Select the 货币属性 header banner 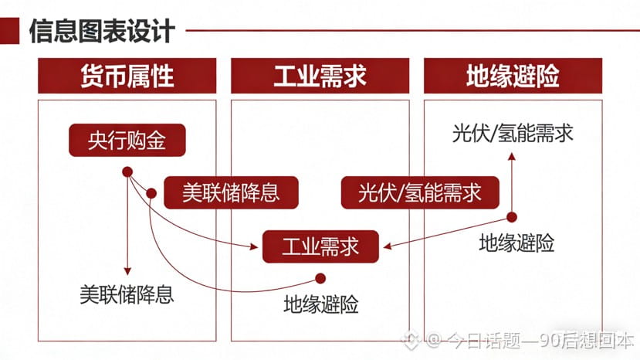[127, 76]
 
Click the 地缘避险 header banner [513, 76]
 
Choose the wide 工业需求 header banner [320, 76]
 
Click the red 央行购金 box [127, 140]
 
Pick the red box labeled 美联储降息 [232, 192]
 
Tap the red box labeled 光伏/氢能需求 [420, 192]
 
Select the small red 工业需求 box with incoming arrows [320, 246]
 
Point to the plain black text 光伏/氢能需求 [513, 133]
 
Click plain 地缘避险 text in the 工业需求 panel [320, 304]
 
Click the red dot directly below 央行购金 [127, 172]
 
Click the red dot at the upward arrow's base [511, 218]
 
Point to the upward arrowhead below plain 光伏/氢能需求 [511, 155]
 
